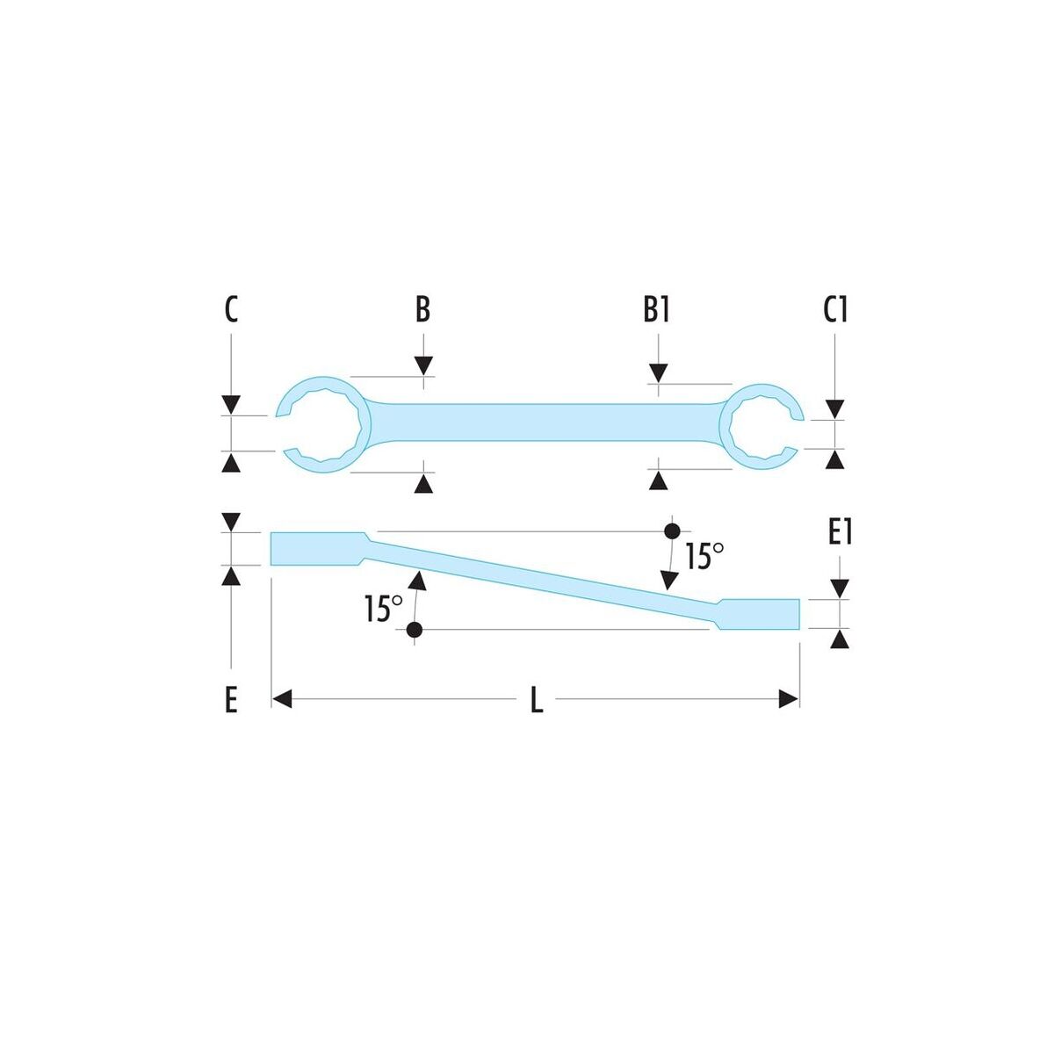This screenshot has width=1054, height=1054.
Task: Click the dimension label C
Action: [x=231, y=310]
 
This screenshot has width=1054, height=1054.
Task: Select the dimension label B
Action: [x=422, y=309]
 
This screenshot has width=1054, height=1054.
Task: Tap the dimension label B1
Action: [x=656, y=310]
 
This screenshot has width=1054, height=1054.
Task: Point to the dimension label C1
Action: [x=835, y=310]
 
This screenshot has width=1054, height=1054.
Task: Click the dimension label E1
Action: [x=841, y=533]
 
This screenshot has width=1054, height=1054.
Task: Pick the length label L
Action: [x=538, y=701]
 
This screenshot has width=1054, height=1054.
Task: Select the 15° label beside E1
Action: [x=705, y=557]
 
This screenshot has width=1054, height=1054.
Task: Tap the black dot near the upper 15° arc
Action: [x=671, y=531]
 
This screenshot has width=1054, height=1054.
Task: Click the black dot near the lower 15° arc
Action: [x=415, y=630]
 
